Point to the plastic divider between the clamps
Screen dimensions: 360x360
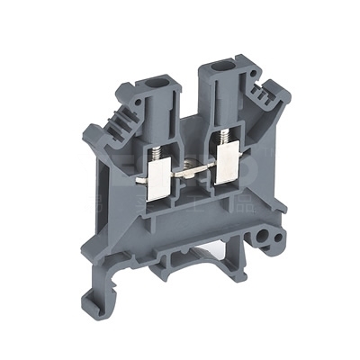(x=191, y=184)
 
